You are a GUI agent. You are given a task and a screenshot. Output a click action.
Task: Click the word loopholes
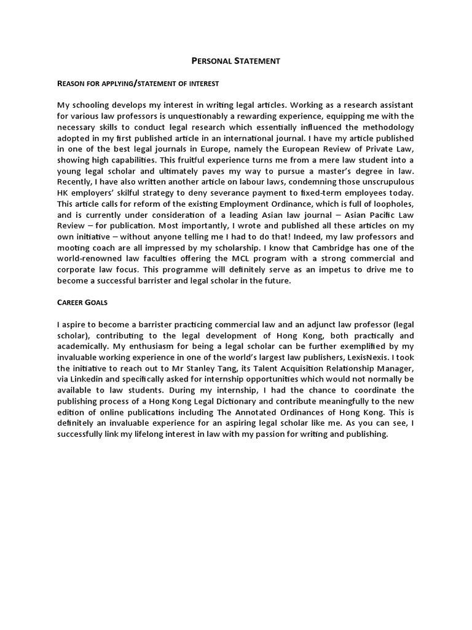tap(391, 203)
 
